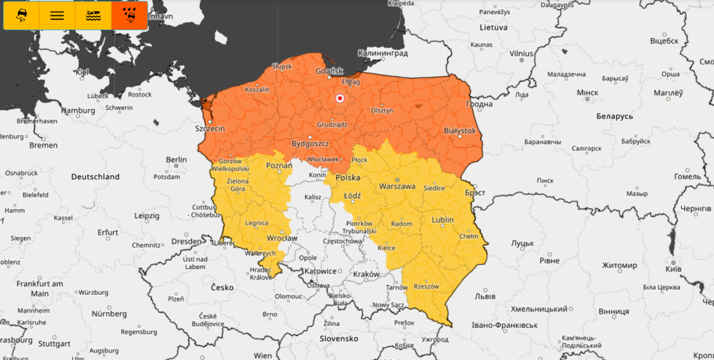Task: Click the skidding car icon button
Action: (21, 16)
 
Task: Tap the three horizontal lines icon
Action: (57, 16)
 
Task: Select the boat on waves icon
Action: (94, 16)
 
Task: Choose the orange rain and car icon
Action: (130, 16)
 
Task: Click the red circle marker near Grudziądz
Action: (340, 98)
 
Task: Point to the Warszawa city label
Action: (397, 186)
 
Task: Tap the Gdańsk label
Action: (329, 71)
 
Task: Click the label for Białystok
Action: (460, 131)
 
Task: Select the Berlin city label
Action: (176, 159)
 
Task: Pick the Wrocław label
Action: (282, 238)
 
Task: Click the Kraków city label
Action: (366, 274)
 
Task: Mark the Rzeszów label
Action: (426, 287)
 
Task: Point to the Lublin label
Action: (443, 220)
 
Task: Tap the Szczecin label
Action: (210, 129)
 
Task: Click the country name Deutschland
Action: (95, 177)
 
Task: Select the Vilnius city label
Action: (521, 54)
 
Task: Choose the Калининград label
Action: (383, 53)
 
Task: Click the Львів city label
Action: (485, 297)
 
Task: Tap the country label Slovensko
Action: (339, 338)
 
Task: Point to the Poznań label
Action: (279, 166)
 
